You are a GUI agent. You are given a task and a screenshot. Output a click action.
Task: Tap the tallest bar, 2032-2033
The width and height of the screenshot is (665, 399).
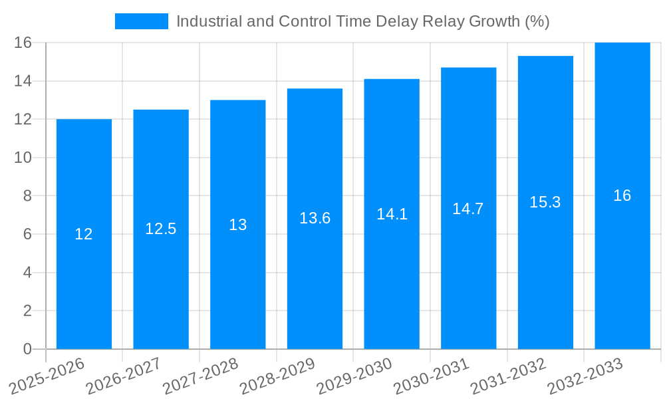click(x=622, y=266)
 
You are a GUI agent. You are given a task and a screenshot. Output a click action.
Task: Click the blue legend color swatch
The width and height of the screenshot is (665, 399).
click(x=142, y=21)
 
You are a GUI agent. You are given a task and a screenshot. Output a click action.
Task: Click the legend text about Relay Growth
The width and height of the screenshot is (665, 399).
click(x=362, y=21)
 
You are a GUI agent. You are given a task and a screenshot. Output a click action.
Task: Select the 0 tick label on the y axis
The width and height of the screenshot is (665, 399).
click(x=27, y=349)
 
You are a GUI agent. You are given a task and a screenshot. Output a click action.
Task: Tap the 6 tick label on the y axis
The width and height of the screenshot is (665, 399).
click(x=27, y=234)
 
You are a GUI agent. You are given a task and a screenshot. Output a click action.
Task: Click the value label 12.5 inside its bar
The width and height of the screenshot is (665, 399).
click(x=161, y=229)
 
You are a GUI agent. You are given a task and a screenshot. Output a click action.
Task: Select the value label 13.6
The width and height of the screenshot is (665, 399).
click(x=315, y=218)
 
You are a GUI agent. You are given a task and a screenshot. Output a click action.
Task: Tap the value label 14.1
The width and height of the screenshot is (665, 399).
click(x=392, y=214)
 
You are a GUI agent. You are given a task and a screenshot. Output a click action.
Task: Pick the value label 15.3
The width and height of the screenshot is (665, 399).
click(x=545, y=202)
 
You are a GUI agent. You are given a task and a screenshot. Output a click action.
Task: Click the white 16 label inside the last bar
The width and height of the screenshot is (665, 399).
click(x=622, y=196)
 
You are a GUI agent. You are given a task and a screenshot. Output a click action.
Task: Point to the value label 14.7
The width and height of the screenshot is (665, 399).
click(x=468, y=209)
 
